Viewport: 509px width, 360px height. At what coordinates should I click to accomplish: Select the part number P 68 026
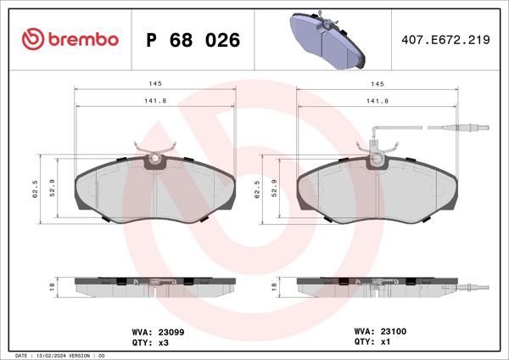pyautogui.click(x=193, y=40)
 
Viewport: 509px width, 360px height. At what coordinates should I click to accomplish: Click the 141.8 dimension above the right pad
pyautogui.click(x=376, y=101)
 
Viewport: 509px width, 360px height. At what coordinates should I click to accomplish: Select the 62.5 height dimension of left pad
pyautogui.click(x=36, y=190)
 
